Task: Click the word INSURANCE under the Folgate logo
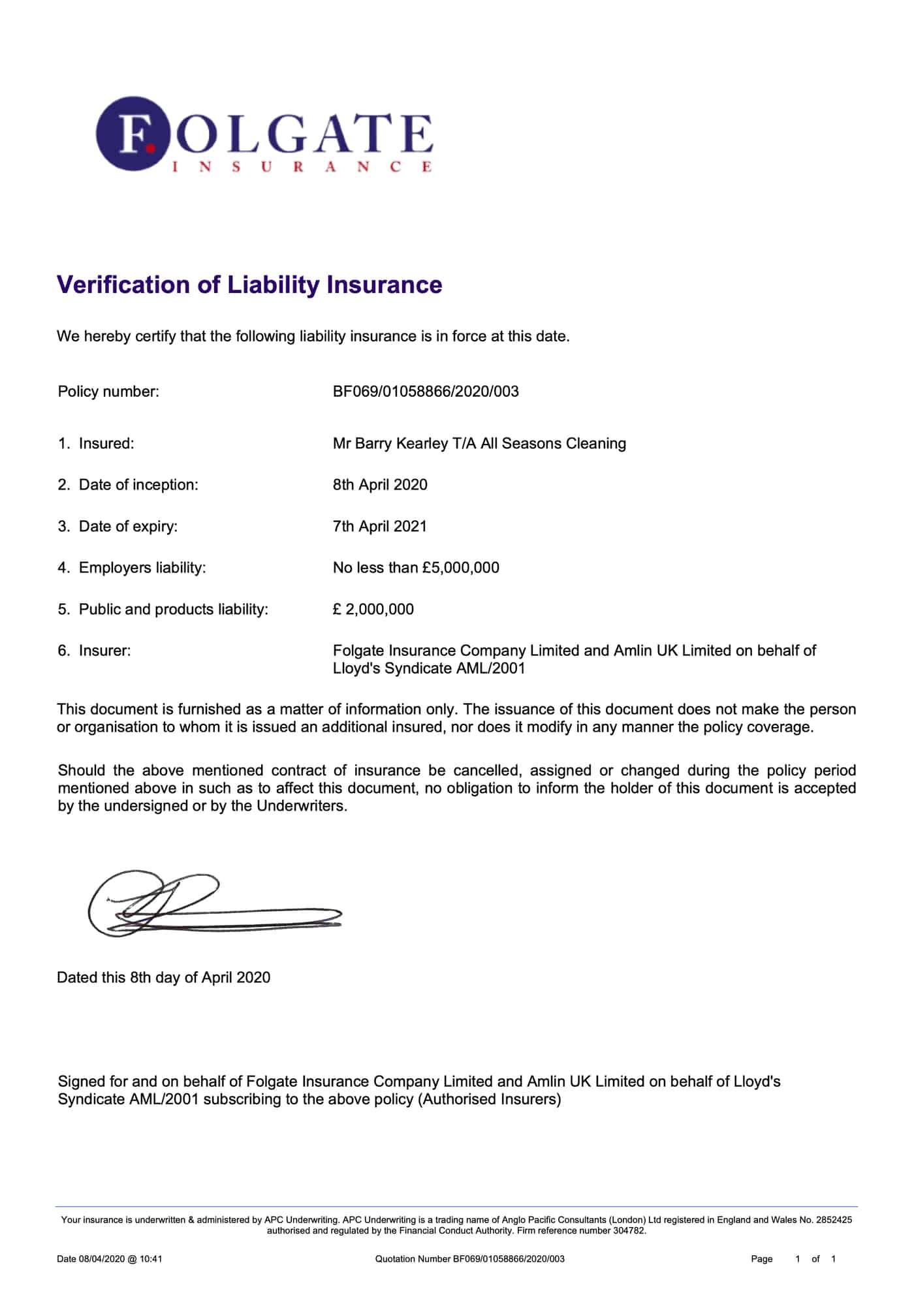coord(301,167)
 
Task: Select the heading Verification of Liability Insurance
coord(249,285)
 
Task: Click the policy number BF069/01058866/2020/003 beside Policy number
coord(426,392)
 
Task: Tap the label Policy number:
coord(108,392)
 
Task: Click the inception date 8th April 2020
coord(380,485)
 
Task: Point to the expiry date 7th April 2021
coord(380,526)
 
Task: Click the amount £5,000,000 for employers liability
coord(460,568)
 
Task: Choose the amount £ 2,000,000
coord(373,610)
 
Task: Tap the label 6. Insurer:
coord(95,651)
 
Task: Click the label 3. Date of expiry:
coord(118,526)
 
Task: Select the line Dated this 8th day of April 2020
coord(163,978)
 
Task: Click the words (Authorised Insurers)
coord(490,1099)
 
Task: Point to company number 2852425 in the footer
coord(834,1219)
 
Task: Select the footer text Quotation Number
coord(413,1258)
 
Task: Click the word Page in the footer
coord(761,1258)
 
